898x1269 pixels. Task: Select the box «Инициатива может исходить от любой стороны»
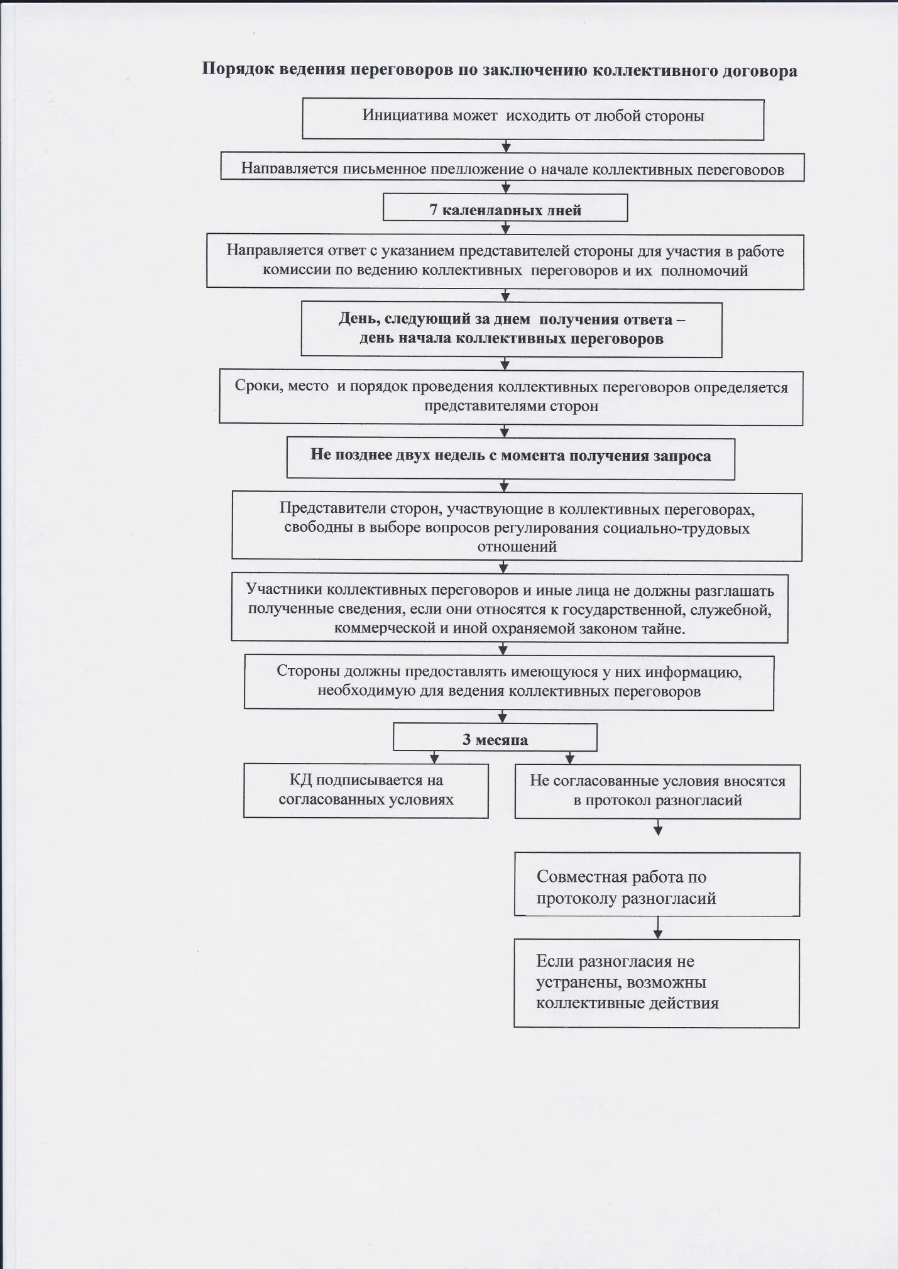point(533,119)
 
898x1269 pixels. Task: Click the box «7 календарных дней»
point(505,208)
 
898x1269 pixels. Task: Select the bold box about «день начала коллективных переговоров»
point(511,329)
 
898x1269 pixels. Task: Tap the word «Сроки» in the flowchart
point(257,386)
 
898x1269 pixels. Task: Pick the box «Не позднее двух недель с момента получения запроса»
point(510,458)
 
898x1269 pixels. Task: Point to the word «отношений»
point(517,547)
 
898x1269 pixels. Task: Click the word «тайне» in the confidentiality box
point(664,629)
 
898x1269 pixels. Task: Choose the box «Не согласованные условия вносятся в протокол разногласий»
point(657,791)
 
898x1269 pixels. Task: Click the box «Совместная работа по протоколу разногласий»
point(657,884)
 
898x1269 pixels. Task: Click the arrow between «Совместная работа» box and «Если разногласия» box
point(657,927)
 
